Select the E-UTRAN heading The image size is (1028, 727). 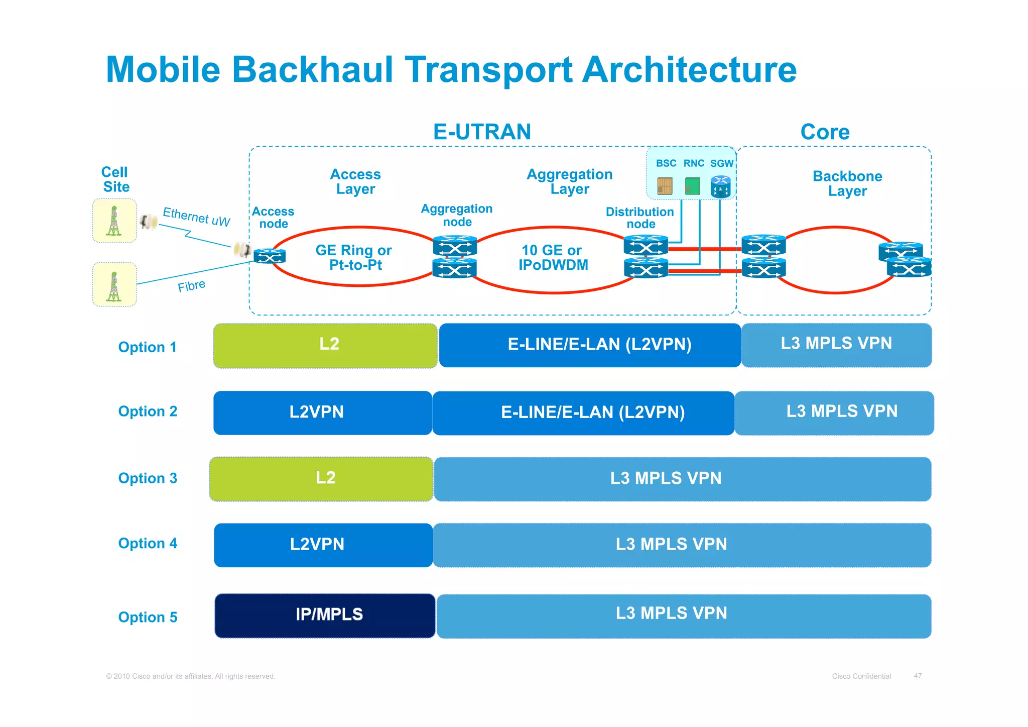tap(482, 132)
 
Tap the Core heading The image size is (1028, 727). tap(825, 132)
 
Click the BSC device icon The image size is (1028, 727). tap(665, 186)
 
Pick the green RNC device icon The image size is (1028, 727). tap(693, 186)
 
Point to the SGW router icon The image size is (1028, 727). tap(721, 186)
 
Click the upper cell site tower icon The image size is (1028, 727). tap(114, 221)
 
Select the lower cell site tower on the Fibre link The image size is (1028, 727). tap(114, 285)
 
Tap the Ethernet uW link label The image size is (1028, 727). tap(196, 217)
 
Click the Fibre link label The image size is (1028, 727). tap(191, 286)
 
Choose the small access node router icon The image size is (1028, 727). tap(270, 256)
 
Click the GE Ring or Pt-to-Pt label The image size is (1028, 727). tap(354, 257)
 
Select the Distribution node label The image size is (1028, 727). tap(640, 218)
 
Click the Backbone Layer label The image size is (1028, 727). tap(847, 183)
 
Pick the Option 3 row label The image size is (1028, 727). tap(148, 478)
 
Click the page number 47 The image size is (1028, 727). tap(918, 676)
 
